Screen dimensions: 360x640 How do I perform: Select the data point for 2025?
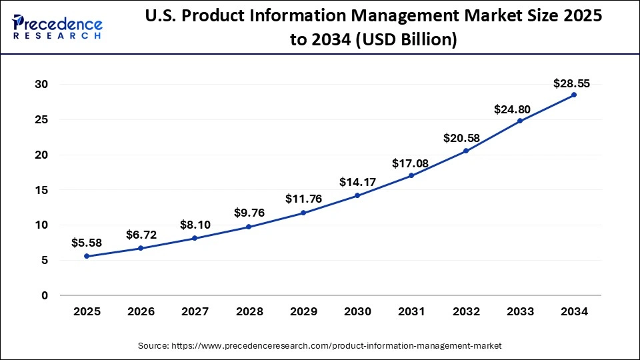[x=87, y=256]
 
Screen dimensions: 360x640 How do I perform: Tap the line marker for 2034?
[x=574, y=95]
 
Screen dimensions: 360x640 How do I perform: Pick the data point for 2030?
[x=357, y=195]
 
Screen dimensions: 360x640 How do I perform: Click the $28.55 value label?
[x=571, y=83]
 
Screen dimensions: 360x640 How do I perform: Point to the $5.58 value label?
[x=87, y=243]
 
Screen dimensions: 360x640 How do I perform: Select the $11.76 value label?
[x=303, y=199]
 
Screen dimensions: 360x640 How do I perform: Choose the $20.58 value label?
[x=461, y=138]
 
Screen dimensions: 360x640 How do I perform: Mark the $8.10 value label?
[x=195, y=225]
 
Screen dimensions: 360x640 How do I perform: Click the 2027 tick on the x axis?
[x=195, y=311]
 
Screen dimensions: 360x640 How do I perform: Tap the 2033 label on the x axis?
[x=520, y=311]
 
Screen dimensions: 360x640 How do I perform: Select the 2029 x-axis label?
[x=303, y=311]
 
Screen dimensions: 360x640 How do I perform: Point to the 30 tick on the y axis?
[x=41, y=85]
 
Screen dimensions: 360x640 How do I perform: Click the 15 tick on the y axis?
[x=41, y=190]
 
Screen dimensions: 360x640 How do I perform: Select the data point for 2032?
[x=466, y=151]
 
